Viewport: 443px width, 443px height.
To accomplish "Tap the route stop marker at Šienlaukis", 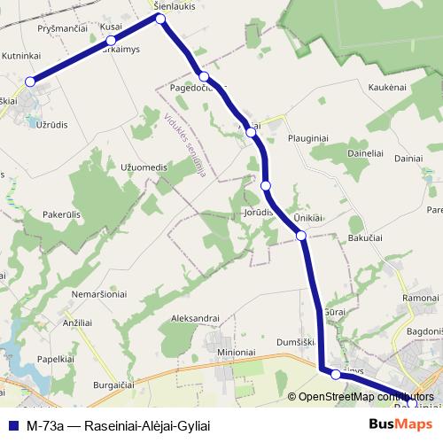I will pos(161,17).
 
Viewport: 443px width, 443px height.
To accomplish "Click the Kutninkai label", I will pos(21,56).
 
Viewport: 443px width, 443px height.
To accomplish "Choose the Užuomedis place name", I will pos(143,167).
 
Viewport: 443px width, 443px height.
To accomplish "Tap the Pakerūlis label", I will pos(61,214).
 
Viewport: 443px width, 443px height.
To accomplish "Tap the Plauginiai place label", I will pos(308,139).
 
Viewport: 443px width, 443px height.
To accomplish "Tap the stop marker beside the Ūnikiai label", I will pos(301,235).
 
